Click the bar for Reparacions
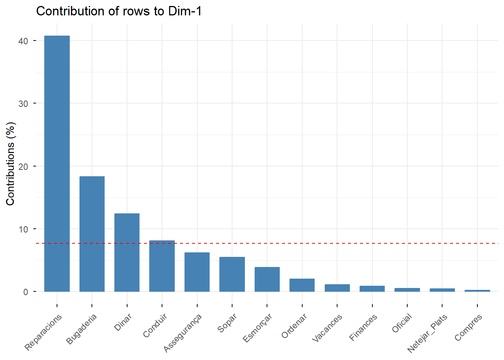pyautogui.click(x=57, y=163)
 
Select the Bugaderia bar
pyautogui.click(x=92, y=234)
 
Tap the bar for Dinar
pyautogui.click(x=127, y=252)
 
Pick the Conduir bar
pyautogui.click(x=162, y=266)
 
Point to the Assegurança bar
pyautogui.click(x=197, y=272)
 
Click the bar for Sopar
pyautogui.click(x=232, y=274)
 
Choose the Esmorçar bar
pyautogui.click(x=267, y=279)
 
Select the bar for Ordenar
pyautogui.click(x=302, y=285)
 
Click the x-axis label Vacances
pyautogui.click(x=327, y=328)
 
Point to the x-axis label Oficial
pyautogui.click(x=402, y=323)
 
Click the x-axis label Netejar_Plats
pyautogui.click(x=427, y=333)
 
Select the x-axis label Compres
pyautogui.click(x=468, y=328)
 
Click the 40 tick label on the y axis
pyautogui.click(x=23, y=41)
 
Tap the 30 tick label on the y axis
pyautogui.click(x=23, y=104)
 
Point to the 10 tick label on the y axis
pyautogui.click(x=23, y=229)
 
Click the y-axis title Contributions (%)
pyautogui.click(x=10, y=163)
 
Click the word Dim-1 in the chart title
pyautogui.click(x=185, y=11)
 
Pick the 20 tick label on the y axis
pyautogui.click(x=23, y=167)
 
